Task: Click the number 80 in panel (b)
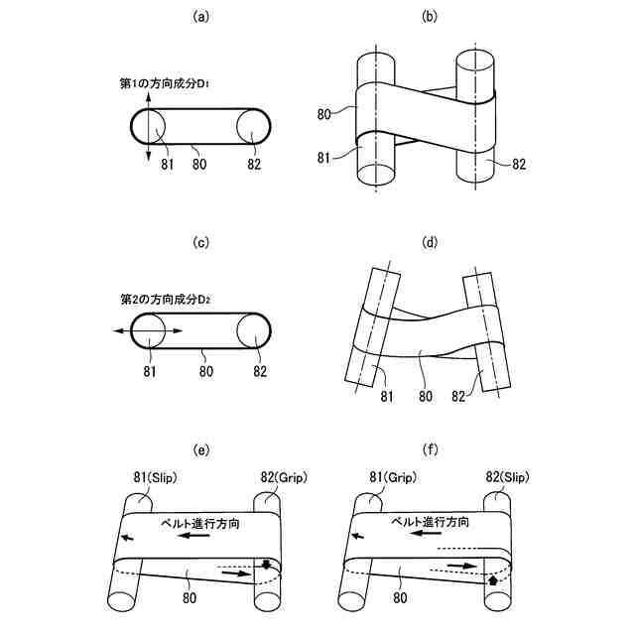pos(324,114)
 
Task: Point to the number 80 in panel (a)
pos(201,165)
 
